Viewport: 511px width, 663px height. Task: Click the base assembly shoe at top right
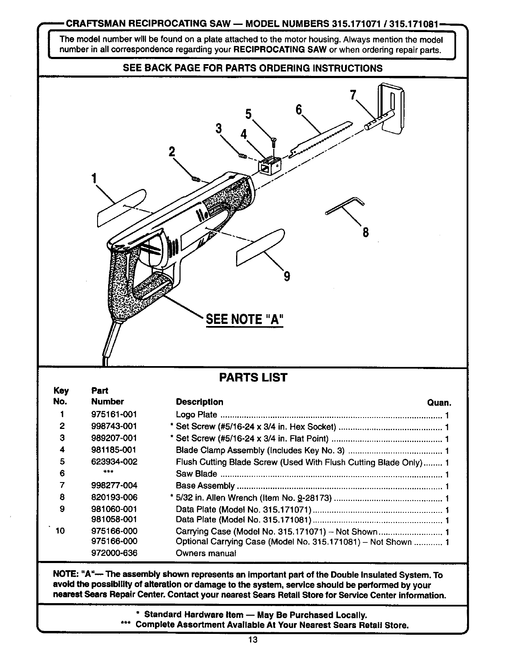pos(391,106)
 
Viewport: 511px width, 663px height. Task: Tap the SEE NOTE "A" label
pos(244,319)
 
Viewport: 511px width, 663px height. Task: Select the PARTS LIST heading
pos(253,377)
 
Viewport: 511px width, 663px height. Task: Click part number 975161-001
pos(114,415)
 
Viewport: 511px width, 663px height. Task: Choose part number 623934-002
pos(114,462)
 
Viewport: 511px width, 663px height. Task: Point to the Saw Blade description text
pos(196,474)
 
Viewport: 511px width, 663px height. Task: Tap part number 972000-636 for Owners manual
pos(114,552)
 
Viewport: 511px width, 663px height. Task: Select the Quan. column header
pos(439,402)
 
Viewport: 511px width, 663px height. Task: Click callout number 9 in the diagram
pos(287,276)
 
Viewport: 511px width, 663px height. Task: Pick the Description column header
pos(199,402)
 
